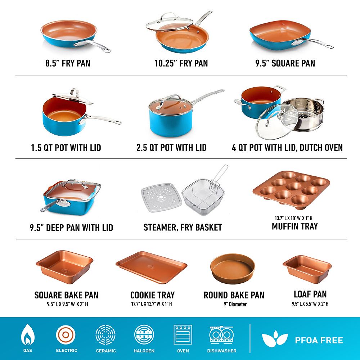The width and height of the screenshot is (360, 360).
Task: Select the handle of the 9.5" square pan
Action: pyautogui.click(x=313, y=43)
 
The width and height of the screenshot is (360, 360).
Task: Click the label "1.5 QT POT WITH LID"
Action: pyautogui.click(x=66, y=148)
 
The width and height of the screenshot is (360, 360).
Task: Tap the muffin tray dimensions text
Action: pyautogui.click(x=294, y=218)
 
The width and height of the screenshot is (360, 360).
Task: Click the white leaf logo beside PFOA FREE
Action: pyautogui.click(x=275, y=339)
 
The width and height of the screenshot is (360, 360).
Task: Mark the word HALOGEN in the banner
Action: pyautogui.click(x=144, y=351)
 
